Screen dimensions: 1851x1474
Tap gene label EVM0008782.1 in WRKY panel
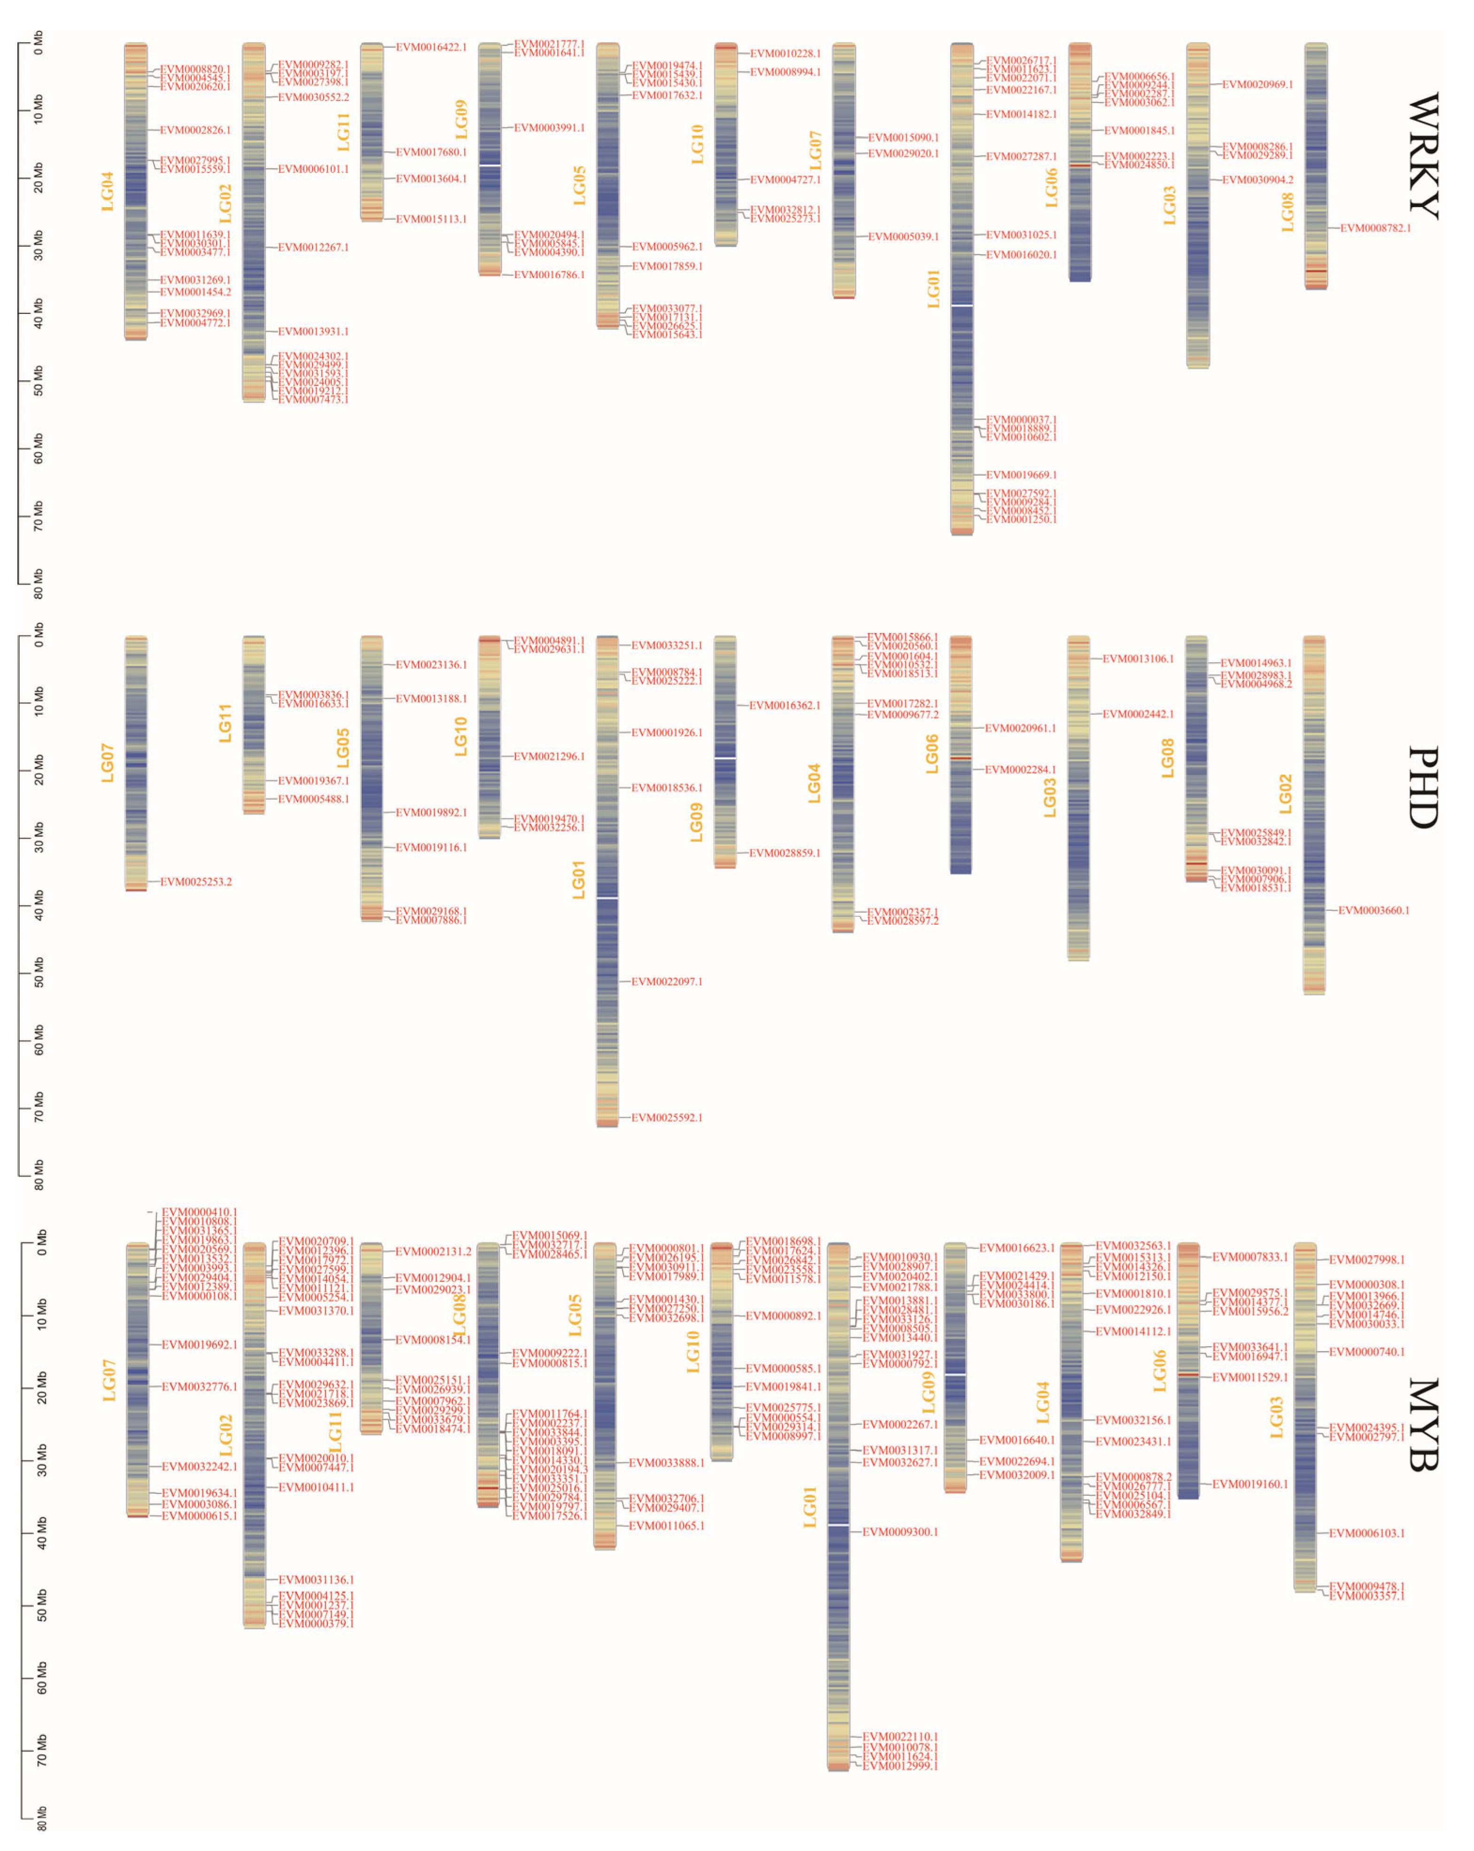tap(1375, 228)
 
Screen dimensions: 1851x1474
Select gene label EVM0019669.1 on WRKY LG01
tap(1021, 475)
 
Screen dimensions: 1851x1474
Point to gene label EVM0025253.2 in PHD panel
tap(196, 882)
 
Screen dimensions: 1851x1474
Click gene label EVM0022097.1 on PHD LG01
tap(666, 981)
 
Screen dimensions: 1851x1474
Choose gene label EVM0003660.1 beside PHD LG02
tap(1373, 910)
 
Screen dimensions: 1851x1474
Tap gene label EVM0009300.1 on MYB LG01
tap(900, 1531)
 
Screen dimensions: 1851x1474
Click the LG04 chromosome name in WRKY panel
tap(107, 191)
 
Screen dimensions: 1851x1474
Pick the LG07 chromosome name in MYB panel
tap(109, 1380)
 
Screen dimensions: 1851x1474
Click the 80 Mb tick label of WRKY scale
tap(38, 583)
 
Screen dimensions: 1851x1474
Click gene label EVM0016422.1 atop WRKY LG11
tap(431, 47)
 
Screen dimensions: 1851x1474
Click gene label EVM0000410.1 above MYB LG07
tap(199, 1212)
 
